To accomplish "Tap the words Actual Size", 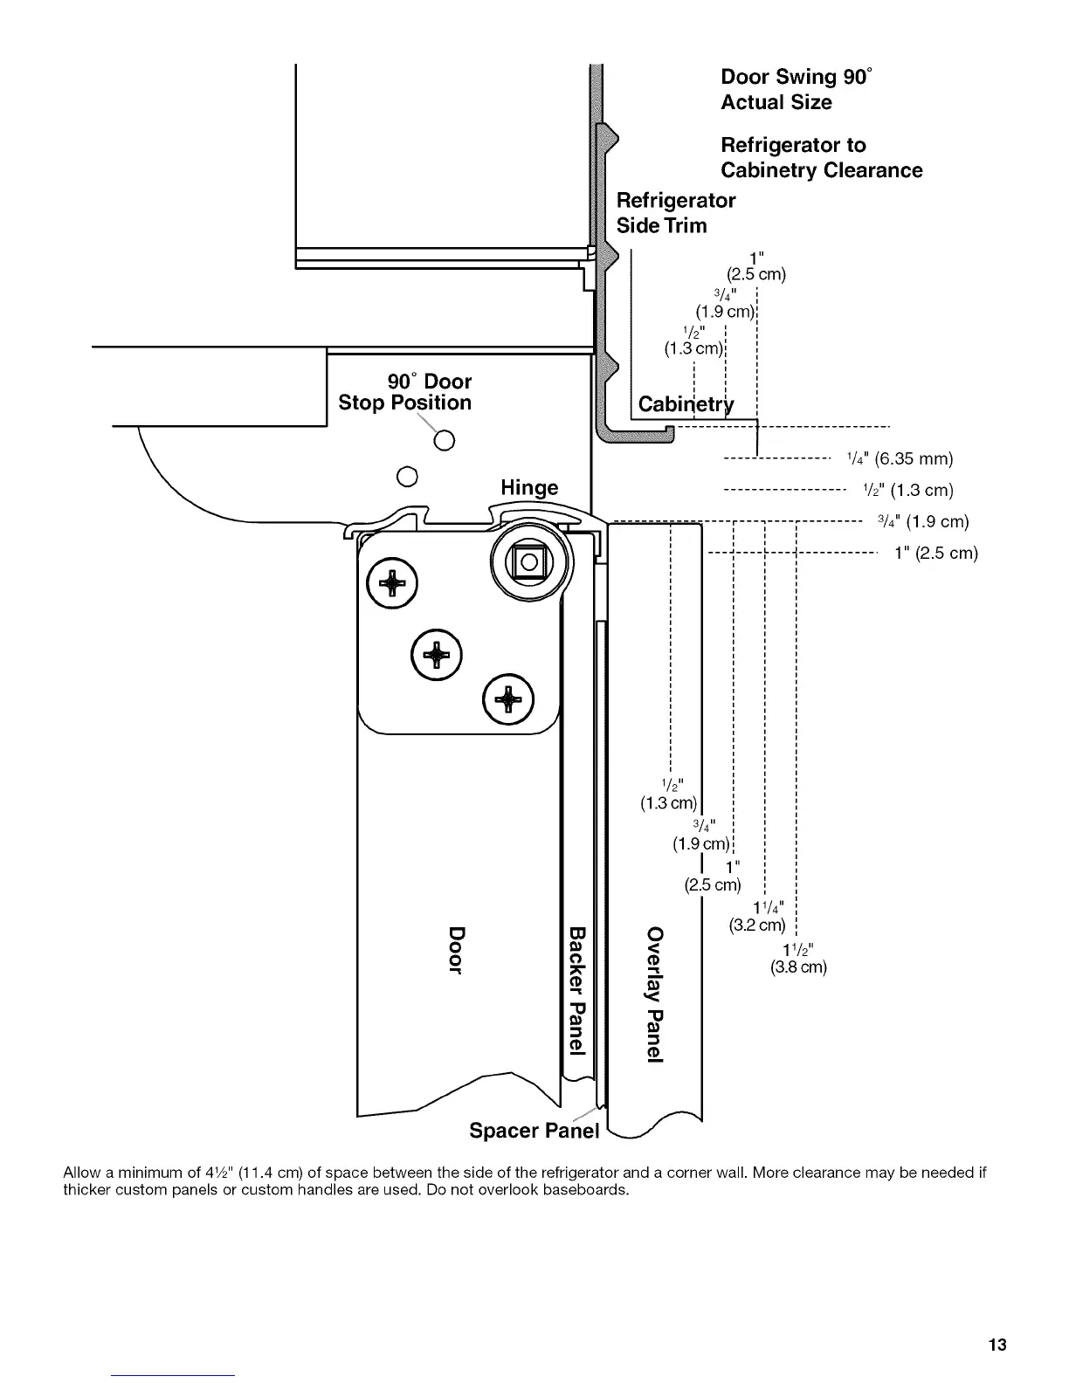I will pos(776,102).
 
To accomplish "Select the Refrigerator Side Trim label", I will pos(675,212).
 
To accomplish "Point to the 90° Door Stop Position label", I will pos(404,392).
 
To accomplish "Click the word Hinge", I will pos(529,487).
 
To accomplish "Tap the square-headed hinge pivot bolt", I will pos(528,561).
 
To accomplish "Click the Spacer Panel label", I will pos(534,1131).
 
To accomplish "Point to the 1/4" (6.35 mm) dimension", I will pos(900,458).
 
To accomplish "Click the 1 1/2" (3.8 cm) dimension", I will pos(798,959).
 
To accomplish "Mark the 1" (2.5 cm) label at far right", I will pos(935,553).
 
